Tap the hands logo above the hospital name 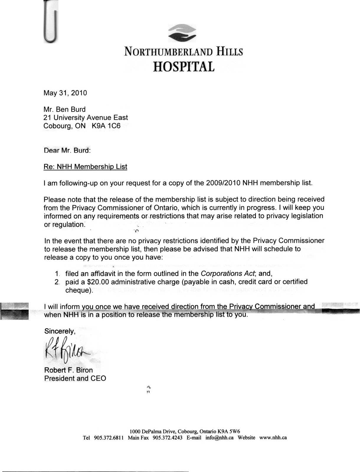(182, 32)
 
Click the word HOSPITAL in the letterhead (184, 67)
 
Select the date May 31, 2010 (65, 93)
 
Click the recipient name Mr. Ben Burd (65, 109)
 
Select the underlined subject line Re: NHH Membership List (85, 167)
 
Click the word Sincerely (60, 331)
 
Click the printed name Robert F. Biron (68, 370)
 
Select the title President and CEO (75, 378)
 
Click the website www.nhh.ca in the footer (273, 438)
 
